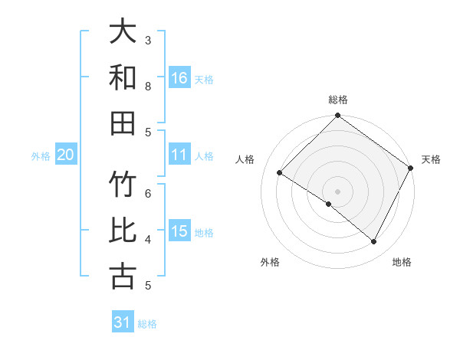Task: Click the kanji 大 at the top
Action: click(x=123, y=32)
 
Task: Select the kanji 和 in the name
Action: click(x=123, y=77)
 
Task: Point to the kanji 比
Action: click(x=123, y=231)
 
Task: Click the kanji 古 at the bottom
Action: click(x=123, y=275)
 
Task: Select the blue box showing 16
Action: click(x=179, y=77)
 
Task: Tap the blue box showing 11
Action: click(x=179, y=155)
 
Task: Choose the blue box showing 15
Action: click(x=179, y=231)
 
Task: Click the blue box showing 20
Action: click(x=66, y=155)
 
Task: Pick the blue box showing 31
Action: click(x=123, y=322)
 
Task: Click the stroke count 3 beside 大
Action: click(x=148, y=39)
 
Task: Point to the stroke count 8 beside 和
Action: click(x=148, y=86)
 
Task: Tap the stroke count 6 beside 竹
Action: click(x=148, y=194)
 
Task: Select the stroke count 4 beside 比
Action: click(x=148, y=240)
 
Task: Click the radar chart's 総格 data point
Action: click(x=337, y=116)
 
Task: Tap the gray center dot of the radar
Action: click(x=337, y=191)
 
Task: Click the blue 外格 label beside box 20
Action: click(x=41, y=156)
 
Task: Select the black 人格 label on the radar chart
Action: click(x=245, y=159)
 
